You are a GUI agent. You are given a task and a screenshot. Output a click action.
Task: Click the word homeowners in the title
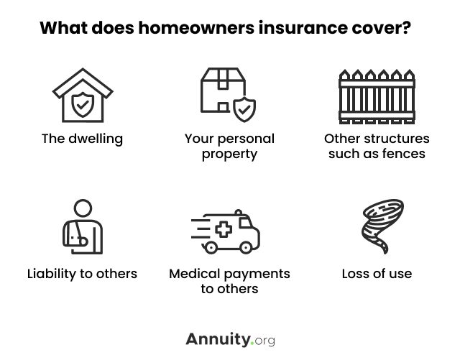pyautogui.click(x=196, y=28)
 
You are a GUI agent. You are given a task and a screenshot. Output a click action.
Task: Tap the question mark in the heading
pyautogui.click(x=406, y=27)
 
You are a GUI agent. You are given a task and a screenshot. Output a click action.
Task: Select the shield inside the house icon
pyautogui.click(x=83, y=104)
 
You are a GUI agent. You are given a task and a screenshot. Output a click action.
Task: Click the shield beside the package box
pyautogui.click(x=244, y=109)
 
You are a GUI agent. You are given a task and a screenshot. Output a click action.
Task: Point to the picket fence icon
pyautogui.click(x=377, y=96)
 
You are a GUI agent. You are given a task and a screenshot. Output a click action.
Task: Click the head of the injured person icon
pyautogui.click(x=83, y=208)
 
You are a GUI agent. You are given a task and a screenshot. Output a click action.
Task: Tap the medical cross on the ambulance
pyautogui.click(x=224, y=229)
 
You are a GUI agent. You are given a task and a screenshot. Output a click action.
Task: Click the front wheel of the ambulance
pyautogui.click(x=246, y=248)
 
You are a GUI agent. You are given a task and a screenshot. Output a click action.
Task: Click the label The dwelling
pyautogui.click(x=82, y=139)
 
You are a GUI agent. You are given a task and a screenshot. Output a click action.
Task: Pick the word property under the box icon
pyautogui.click(x=229, y=154)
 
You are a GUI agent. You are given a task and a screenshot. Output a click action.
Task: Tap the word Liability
pyautogui.click(x=52, y=274)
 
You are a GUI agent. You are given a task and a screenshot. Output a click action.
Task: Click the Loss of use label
pyautogui.click(x=377, y=274)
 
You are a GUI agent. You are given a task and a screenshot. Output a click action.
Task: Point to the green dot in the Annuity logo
pyautogui.click(x=252, y=343)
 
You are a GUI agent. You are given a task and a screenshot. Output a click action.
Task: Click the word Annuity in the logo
pyautogui.click(x=218, y=339)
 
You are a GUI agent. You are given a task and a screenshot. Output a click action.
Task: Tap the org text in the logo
pyautogui.click(x=265, y=341)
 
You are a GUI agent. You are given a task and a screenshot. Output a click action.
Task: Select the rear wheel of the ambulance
pyautogui.click(x=211, y=248)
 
